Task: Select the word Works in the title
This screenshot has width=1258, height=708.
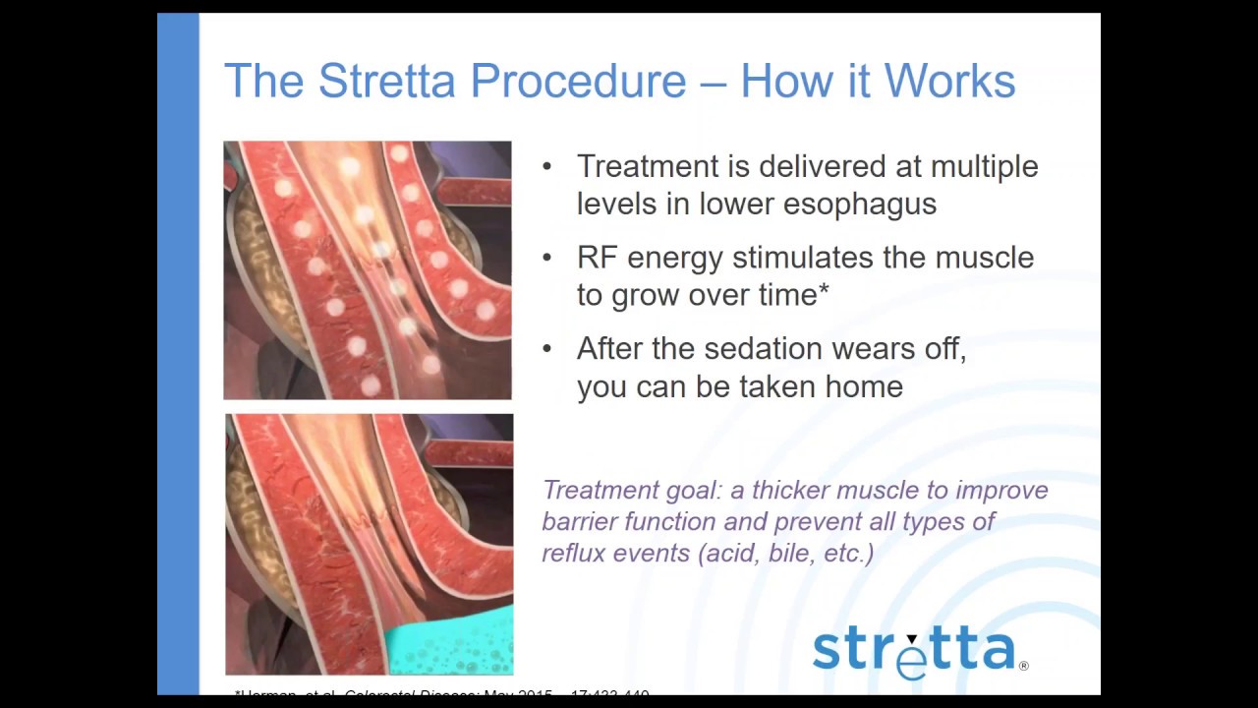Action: coord(949,81)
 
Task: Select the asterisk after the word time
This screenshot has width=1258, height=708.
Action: coord(824,291)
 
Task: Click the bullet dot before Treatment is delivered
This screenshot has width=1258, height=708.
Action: coord(547,167)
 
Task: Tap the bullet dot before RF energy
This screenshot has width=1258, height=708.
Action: coord(547,258)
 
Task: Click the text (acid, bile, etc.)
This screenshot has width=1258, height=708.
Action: coord(785,553)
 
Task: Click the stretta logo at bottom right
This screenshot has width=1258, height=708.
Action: coord(913,650)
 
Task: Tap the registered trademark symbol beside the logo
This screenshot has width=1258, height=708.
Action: coord(1024,666)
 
